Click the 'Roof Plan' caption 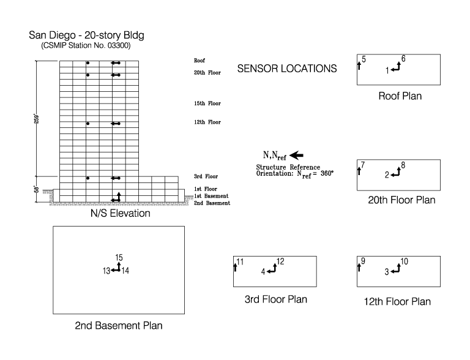400,96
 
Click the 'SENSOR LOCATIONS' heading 287,69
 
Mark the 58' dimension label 36,189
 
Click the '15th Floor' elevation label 207,103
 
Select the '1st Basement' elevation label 212,196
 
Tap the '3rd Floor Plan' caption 275,299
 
